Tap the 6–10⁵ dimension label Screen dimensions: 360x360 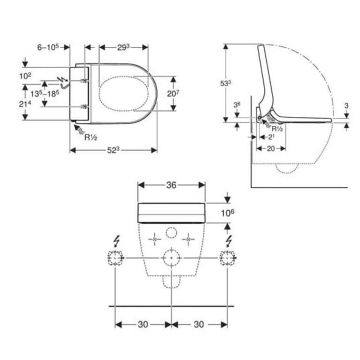tap(48, 47)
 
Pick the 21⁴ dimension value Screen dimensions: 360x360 tap(25, 103)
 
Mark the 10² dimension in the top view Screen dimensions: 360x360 tap(25, 76)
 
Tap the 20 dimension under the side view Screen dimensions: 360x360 tap(269, 149)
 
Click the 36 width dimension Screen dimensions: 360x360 tap(171, 184)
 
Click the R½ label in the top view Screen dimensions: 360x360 tap(92, 138)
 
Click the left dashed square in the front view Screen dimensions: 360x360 tap(115, 258)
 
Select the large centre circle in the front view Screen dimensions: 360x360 tap(171, 258)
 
